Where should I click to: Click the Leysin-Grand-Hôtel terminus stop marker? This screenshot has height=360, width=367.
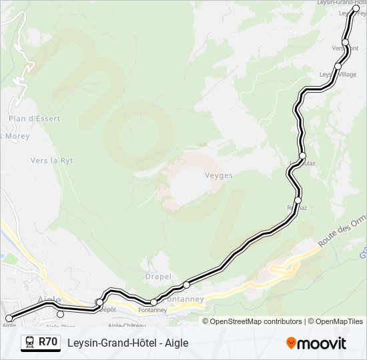click(356, 9)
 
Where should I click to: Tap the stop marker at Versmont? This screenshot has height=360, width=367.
click(346, 42)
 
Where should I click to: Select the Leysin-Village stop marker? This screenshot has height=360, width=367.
click(338, 67)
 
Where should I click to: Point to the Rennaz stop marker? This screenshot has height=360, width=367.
click(298, 200)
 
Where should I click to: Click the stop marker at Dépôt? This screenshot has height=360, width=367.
click(99, 303)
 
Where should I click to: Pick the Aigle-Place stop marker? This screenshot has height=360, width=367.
click(61, 315)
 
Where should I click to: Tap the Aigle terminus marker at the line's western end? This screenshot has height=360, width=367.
click(9, 319)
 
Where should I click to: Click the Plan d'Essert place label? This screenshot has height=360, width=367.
click(34, 119)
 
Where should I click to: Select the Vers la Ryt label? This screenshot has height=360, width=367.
click(51, 161)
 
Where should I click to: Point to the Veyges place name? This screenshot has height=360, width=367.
click(218, 176)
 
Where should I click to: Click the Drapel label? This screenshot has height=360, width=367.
click(158, 277)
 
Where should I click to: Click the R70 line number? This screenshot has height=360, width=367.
click(47, 342)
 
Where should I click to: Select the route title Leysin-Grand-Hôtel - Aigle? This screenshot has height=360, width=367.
click(128, 343)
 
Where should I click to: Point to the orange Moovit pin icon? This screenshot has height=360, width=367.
click(292, 343)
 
